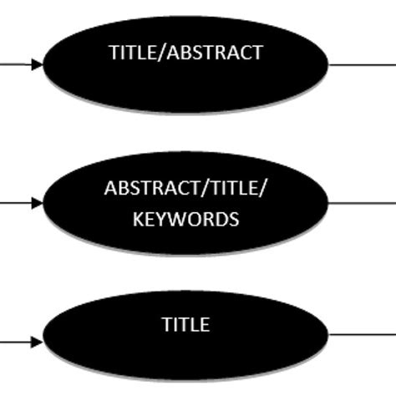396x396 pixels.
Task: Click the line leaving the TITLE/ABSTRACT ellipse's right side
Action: pyautogui.click(x=363, y=63)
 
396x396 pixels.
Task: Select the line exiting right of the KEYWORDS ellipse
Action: pyautogui.click(x=363, y=202)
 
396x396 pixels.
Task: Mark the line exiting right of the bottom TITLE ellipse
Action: pyautogui.click(x=363, y=335)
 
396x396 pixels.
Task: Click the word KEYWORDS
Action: pyautogui.click(x=185, y=220)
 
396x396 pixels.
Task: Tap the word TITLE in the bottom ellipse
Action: pyautogui.click(x=185, y=324)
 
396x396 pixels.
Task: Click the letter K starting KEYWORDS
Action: pyautogui.click(x=136, y=220)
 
